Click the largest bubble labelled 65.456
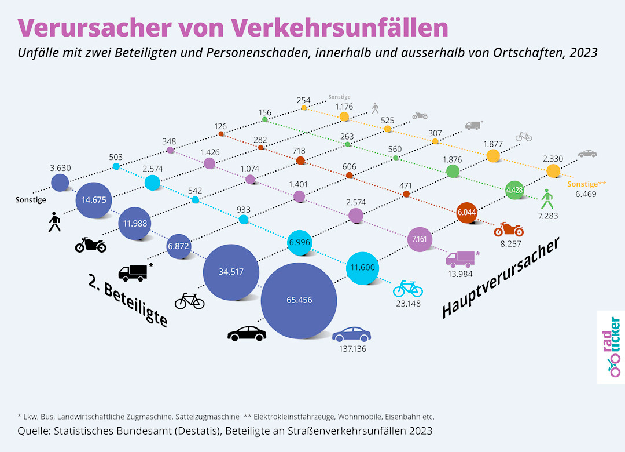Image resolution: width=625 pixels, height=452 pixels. coord(299,300)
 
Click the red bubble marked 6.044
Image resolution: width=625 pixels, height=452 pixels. coord(467,213)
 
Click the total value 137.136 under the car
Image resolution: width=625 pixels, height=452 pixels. coord(352,349)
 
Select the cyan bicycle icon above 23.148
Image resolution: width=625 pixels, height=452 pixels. coord(408,288)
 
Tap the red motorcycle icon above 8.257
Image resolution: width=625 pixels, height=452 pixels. coord(509,229)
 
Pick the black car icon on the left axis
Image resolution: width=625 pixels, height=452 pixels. coord(247,334)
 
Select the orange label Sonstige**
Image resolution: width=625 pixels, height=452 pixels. coord(586,184)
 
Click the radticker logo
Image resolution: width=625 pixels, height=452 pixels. coord(611,347)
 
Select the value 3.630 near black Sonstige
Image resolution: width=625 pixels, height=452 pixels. coord(61,169)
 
